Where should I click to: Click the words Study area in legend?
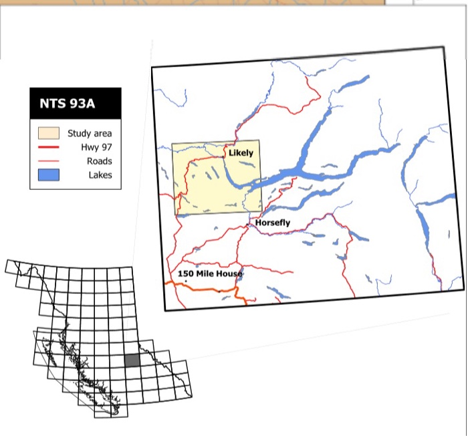pos(90,134)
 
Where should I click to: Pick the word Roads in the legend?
pos(99,161)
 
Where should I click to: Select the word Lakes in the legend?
pos(100,175)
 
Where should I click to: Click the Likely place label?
pos(241,153)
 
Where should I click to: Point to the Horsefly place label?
pos(273,223)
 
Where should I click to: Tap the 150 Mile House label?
pos(210,274)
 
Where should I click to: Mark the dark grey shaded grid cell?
pos(132,360)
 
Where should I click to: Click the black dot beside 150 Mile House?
pos(185,281)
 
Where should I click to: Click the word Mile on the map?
pos(205,274)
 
